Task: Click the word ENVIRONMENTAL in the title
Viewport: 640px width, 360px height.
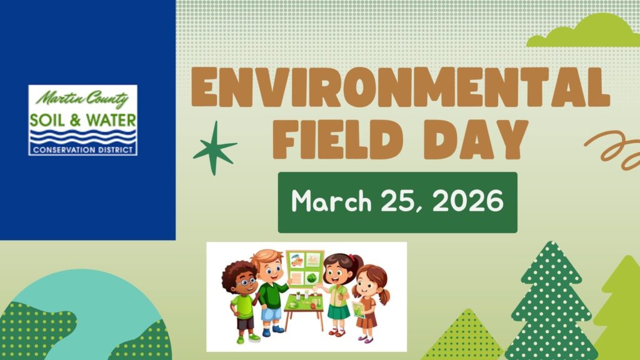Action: pos(401,87)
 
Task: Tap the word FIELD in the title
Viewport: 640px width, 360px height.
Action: pos(338,140)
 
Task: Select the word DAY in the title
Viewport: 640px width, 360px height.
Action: pos(476,140)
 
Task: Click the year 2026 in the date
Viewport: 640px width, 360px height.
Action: pos(468,201)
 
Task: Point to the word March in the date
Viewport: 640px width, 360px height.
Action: pos(331,201)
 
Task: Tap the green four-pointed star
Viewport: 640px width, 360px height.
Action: pos(215,147)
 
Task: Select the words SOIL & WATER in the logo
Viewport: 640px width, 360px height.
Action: pos(83,121)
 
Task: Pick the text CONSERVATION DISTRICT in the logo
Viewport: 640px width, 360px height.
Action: pos(83,150)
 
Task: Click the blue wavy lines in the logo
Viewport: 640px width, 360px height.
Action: pos(83,137)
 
